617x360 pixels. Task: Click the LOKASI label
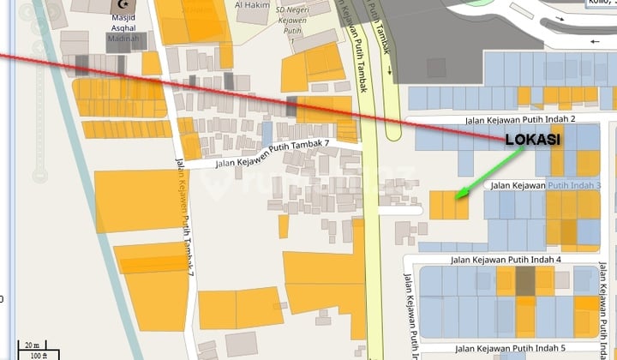pyautogui.click(x=533, y=140)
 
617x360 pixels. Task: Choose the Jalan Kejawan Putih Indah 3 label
pyautogui.click(x=546, y=184)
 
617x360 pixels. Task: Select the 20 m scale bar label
pyautogui.click(x=31, y=345)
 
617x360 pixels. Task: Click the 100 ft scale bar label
pyautogui.click(x=39, y=355)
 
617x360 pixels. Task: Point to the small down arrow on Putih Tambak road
pyautogui.click(x=390, y=72)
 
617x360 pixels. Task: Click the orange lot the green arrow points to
pyautogui.click(x=448, y=205)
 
